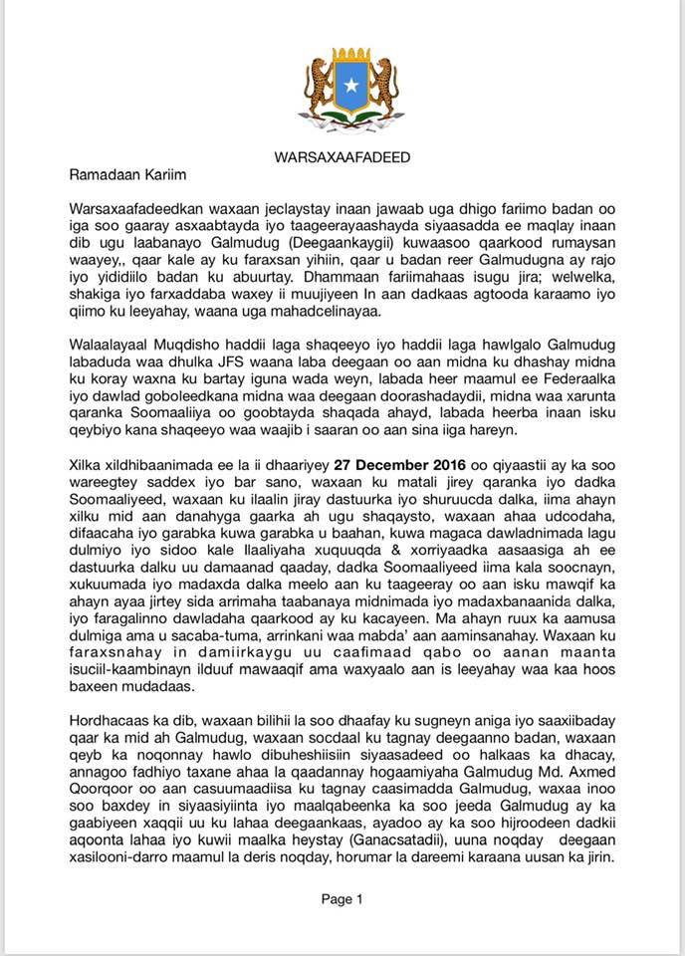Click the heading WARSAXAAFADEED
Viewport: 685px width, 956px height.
342,157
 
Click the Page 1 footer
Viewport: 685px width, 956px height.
342,899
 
